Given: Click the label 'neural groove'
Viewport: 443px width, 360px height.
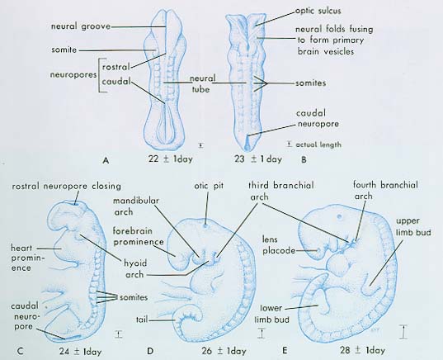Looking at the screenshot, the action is [x=81, y=26].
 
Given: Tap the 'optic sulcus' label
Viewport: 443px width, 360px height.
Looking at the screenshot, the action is [x=318, y=11].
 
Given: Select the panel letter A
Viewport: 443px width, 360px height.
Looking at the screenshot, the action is [x=106, y=161].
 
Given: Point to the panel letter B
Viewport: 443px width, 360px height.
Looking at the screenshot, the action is [x=304, y=160].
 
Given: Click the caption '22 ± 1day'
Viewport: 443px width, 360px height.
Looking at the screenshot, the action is [x=171, y=159].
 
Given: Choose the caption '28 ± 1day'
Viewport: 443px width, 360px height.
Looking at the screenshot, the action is [x=362, y=350].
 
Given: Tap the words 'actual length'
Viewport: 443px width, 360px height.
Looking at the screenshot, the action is [x=318, y=144].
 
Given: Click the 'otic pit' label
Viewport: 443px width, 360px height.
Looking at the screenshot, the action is [x=209, y=186].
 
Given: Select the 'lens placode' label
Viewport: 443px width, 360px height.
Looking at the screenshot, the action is [x=278, y=245].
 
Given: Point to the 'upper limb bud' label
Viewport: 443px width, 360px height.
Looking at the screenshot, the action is [x=413, y=226].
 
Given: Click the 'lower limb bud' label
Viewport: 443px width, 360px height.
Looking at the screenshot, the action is [x=271, y=314].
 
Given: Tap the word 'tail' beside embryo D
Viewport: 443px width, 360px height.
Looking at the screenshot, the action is [x=142, y=320].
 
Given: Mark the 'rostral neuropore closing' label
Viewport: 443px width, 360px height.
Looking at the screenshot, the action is [x=66, y=187].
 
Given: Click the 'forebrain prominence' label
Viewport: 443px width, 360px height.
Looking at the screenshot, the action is [x=138, y=236].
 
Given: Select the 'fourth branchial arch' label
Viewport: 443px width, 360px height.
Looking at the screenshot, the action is [x=385, y=191].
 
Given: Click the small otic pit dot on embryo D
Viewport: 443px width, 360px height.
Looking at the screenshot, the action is [x=205, y=226].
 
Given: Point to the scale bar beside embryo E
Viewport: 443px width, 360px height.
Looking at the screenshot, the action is [x=404, y=332].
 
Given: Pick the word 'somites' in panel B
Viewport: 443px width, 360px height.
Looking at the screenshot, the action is [x=311, y=83].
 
